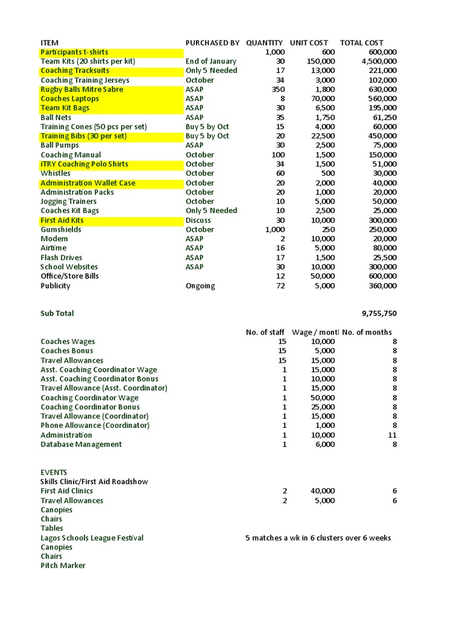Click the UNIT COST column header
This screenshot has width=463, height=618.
309,42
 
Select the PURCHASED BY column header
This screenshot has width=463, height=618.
212,42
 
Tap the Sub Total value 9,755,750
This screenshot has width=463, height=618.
379,313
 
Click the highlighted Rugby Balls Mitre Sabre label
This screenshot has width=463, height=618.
81,89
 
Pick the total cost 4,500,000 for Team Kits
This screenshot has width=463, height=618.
379,61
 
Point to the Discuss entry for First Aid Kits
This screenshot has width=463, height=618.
198,220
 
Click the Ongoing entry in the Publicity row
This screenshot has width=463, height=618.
200,285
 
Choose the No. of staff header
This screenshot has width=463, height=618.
266,332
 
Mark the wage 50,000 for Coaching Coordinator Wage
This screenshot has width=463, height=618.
323,398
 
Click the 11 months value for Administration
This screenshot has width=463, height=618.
392,435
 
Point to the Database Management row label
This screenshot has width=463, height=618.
81,444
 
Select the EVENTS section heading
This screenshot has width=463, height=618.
54,472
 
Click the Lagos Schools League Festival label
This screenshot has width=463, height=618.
92,538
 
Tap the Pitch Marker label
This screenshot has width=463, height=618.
63,565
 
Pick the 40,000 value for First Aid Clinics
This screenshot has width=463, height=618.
323,491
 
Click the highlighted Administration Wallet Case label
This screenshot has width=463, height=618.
87,183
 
